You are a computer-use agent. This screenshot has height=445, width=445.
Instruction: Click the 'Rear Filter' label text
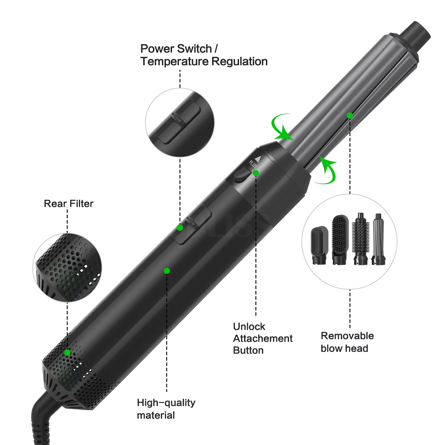coord(69,204)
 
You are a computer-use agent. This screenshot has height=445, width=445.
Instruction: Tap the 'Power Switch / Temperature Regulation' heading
coord(204,55)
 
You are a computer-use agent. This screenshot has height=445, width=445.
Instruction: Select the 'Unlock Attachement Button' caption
coord(263,338)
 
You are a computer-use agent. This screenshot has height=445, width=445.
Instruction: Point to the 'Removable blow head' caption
coord(347,342)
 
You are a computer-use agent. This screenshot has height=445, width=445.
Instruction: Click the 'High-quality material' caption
coord(166,409)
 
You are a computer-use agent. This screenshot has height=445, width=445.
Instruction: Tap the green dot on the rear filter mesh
coord(67,352)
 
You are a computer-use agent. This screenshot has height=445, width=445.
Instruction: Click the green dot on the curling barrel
coord(350,115)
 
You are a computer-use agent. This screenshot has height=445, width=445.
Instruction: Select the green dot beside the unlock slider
coord(256,173)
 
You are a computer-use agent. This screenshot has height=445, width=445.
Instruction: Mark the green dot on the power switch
coord(180,228)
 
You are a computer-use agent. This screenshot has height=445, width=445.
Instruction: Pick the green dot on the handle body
coord(167,271)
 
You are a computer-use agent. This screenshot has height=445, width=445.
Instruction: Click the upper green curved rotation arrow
coord(281,128)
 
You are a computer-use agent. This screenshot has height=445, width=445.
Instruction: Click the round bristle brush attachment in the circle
coord(361,239)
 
